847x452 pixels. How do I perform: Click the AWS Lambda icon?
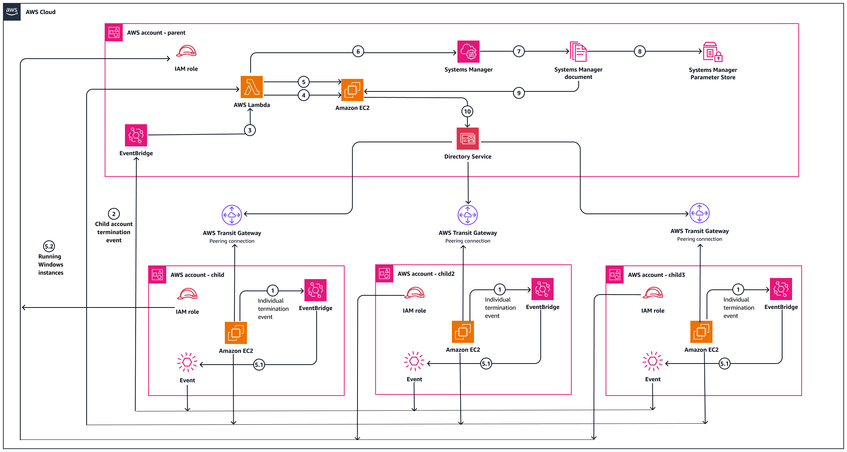(252, 87)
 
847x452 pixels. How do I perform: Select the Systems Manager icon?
(468, 52)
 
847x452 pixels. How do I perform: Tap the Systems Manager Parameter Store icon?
(712, 52)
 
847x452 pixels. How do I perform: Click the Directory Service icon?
(468, 139)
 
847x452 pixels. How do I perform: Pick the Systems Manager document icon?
(578, 52)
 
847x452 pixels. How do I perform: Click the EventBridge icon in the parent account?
(136, 135)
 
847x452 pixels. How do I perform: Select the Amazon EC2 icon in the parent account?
(352, 90)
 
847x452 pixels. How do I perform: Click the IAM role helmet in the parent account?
(186, 51)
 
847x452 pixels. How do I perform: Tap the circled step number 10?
(467, 111)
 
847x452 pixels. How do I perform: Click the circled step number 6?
(358, 51)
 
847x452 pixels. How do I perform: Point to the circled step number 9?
(519, 93)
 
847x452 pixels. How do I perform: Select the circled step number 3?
(250, 130)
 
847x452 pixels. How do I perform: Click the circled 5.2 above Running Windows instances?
(49, 246)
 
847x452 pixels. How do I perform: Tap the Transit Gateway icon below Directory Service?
(468, 215)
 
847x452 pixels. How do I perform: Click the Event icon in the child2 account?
(414, 361)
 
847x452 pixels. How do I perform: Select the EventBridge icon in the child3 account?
(781, 289)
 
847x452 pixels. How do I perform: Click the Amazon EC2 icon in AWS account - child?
(236, 333)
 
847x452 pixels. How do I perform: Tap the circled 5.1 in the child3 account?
(725, 364)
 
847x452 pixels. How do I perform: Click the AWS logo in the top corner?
(12, 11)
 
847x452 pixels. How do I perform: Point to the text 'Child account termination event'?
(114, 232)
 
